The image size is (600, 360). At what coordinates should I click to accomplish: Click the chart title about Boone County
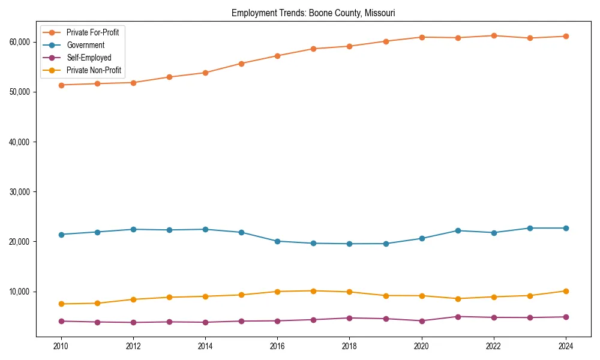pyautogui.click(x=313, y=13)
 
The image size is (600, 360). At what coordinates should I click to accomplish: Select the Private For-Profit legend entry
pyautogui.click(x=92, y=32)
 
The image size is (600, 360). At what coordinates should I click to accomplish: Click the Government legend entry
pyautogui.click(x=85, y=45)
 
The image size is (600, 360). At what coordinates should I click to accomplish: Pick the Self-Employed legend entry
pyautogui.click(x=88, y=58)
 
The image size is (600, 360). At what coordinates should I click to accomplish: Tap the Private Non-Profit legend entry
pyautogui.click(x=94, y=70)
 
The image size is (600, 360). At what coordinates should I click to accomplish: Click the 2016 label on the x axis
pyautogui.click(x=277, y=346)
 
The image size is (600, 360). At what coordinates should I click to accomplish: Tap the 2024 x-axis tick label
pyautogui.click(x=566, y=346)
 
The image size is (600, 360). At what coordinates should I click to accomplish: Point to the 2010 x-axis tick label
pyautogui.click(x=61, y=346)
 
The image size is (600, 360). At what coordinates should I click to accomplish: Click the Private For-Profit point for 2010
pyautogui.click(x=61, y=85)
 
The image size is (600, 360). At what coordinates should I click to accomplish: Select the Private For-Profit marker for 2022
pyautogui.click(x=494, y=35)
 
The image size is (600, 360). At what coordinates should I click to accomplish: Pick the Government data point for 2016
pyautogui.click(x=277, y=241)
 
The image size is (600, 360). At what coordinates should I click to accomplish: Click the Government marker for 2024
pyautogui.click(x=566, y=228)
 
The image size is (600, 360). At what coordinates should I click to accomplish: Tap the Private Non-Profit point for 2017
pyautogui.click(x=313, y=291)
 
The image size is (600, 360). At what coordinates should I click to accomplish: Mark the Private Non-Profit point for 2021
pyautogui.click(x=458, y=299)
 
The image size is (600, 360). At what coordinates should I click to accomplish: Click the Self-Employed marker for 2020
pyautogui.click(x=422, y=321)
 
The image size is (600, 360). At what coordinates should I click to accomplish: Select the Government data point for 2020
pyautogui.click(x=422, y=238)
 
